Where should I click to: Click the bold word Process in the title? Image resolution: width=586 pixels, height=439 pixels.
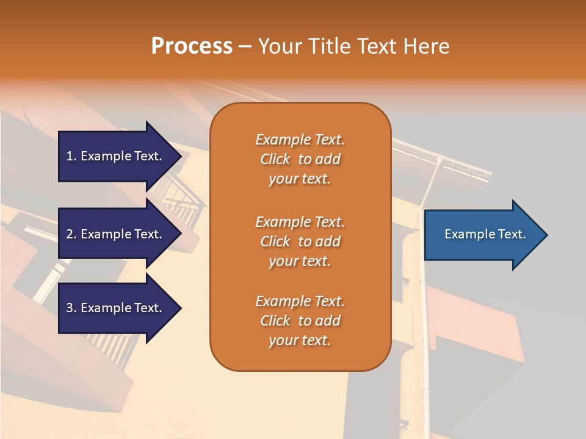coord(192,46)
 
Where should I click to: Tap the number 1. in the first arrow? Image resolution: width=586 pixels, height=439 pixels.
coord(71,156)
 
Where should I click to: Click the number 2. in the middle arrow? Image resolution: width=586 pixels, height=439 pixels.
coord(71,234)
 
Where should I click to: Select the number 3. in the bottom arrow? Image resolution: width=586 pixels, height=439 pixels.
coord(71,308)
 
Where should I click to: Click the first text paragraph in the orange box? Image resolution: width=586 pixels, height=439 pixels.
coord(300,159)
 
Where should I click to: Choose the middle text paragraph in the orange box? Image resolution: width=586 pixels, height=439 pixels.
coord(300,241)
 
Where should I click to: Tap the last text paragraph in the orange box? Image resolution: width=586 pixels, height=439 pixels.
coord(300,321)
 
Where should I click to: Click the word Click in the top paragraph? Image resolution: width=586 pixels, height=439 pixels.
coord(275,159)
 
